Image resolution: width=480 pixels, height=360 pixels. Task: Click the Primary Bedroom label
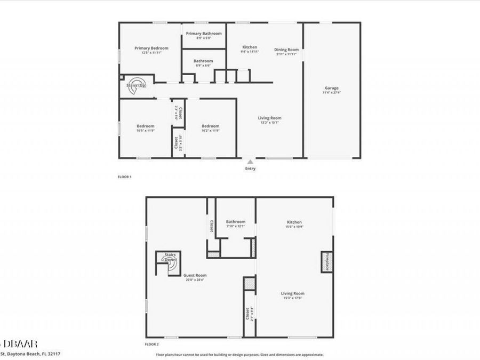151,48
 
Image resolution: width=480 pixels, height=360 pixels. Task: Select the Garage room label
332,88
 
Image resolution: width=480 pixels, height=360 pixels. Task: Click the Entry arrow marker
250,162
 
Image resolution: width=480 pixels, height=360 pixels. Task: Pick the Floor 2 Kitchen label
294,222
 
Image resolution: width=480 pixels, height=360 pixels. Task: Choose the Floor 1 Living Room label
270,118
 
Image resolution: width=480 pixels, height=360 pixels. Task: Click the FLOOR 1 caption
124,176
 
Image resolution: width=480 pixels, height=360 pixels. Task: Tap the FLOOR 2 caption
152,345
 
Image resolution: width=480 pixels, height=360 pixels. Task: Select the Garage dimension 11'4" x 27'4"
332,93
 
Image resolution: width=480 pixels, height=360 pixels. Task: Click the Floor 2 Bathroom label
235,221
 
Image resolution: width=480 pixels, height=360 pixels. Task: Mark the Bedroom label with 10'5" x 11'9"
145,126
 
